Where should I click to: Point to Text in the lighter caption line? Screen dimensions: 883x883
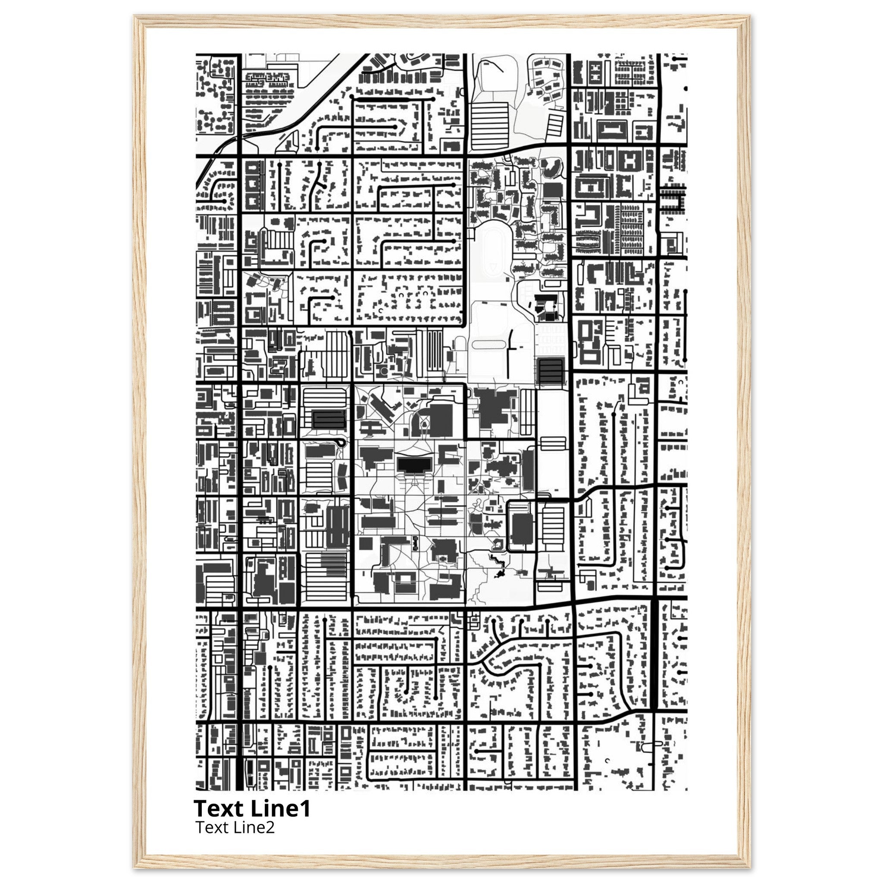coord(210,828)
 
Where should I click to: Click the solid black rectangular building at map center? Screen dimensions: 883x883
coord(414,464)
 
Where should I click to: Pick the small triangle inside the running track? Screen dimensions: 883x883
coord(493,266)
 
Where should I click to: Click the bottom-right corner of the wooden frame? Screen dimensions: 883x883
coord(749,865)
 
